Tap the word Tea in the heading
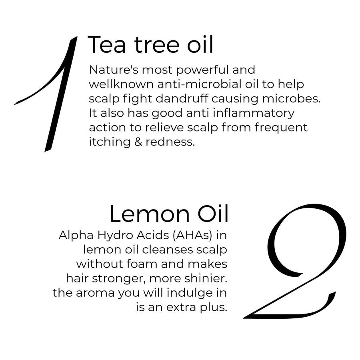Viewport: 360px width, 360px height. (x=107, y=45)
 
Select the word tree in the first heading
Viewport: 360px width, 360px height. (x=156, y=45)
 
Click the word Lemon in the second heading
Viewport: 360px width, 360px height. (x=150, y=214)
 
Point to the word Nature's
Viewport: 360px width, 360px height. (x=114, y=70)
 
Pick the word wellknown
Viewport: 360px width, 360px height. (x=121, y=84)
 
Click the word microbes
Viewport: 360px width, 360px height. (x=291, y=99)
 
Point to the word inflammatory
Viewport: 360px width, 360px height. (x=254, y=114)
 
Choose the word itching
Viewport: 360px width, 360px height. (x=110, y=142)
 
